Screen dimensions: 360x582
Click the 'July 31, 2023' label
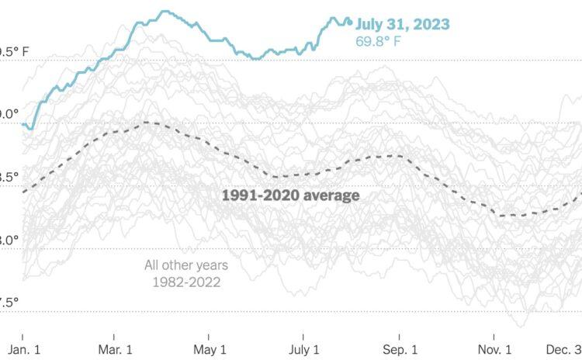[402, 25]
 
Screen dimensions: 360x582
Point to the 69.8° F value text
[379, 41]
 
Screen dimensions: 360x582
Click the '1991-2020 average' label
[291, 196]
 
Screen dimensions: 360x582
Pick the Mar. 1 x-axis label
[114, 348]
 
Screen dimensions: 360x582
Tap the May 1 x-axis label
[210, 348]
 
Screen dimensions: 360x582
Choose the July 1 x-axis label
[304, 348]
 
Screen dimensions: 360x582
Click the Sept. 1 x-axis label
[399, 348]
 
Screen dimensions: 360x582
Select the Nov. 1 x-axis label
[494, 348]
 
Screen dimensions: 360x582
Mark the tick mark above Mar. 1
[114, 336]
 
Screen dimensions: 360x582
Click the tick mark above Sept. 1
[399, 336]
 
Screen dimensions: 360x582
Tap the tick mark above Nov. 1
[494, 336]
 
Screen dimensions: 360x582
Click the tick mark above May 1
[210, 336]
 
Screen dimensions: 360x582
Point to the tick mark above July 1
[304, 336]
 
